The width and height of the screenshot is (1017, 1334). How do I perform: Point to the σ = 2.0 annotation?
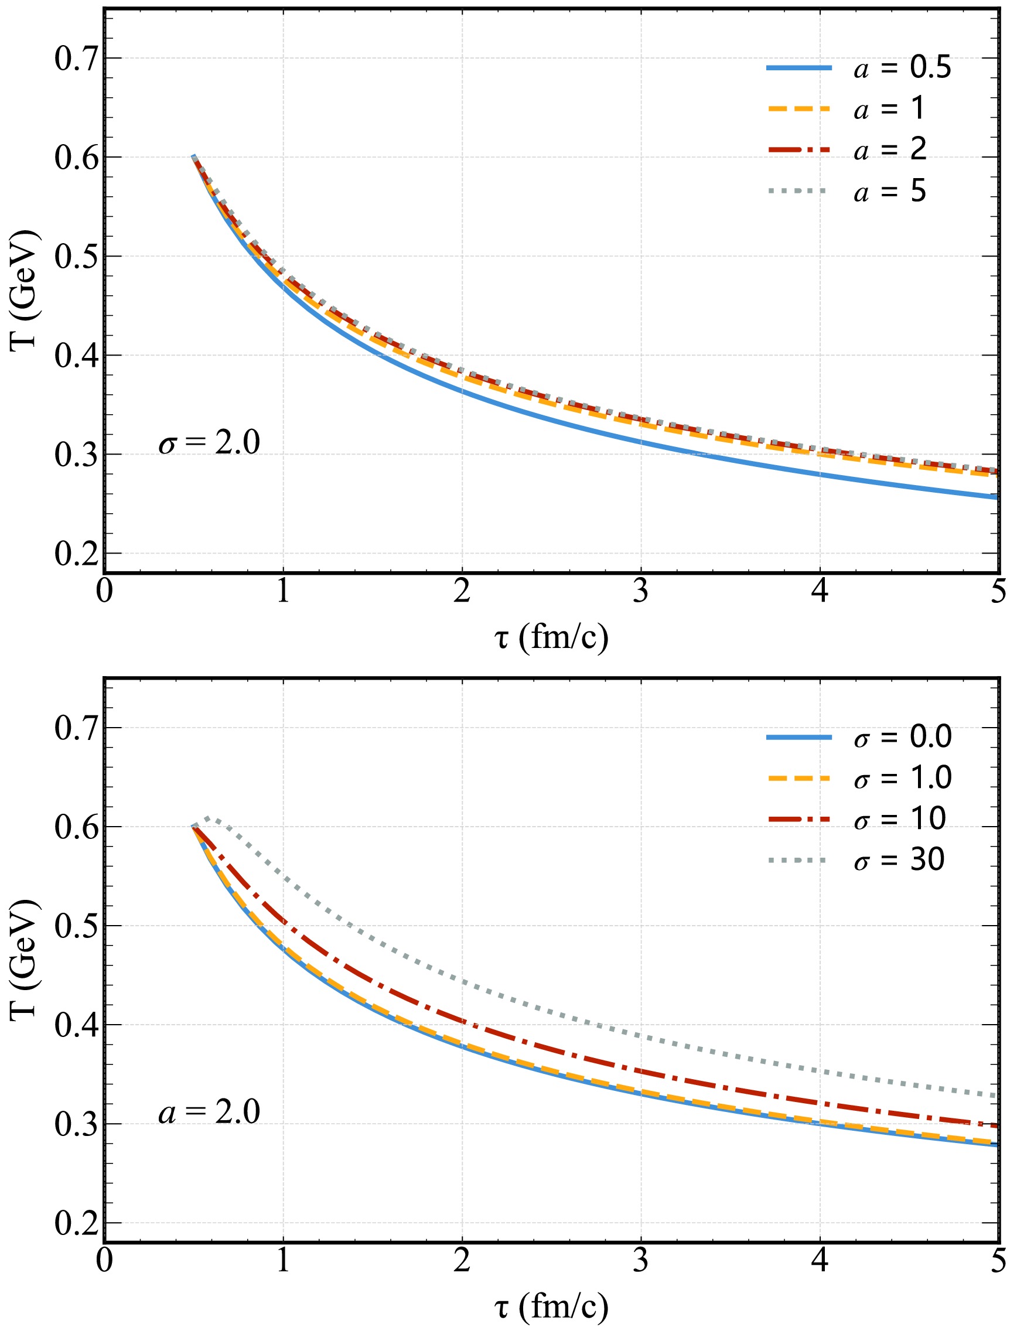209,443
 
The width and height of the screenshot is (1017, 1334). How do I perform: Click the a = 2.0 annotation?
209,1113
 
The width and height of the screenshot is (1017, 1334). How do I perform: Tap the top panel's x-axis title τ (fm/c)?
551,637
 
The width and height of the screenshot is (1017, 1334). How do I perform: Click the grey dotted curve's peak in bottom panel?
207,818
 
